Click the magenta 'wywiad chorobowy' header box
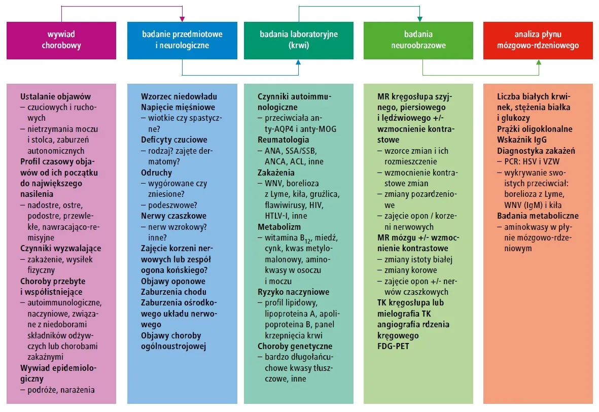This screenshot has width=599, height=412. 61,40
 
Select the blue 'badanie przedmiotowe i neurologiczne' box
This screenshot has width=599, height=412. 182,40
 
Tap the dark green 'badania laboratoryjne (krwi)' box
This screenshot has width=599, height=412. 298,40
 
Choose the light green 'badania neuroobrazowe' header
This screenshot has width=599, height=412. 418,40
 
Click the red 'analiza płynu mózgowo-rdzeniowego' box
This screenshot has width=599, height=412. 539,40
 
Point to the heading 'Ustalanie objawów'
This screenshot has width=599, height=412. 55,96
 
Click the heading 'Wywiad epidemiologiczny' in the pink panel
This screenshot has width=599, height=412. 58,373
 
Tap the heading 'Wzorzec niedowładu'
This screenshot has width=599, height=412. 179,96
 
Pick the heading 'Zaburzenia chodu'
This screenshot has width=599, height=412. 173,292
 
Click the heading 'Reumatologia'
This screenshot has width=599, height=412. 283,140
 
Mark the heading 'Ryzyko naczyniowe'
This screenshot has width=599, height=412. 293,292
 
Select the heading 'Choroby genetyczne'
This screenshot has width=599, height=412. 295,346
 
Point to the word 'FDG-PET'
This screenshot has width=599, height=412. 394,346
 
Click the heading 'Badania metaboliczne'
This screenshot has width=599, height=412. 537,216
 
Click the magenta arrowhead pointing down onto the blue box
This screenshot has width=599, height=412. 182,20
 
